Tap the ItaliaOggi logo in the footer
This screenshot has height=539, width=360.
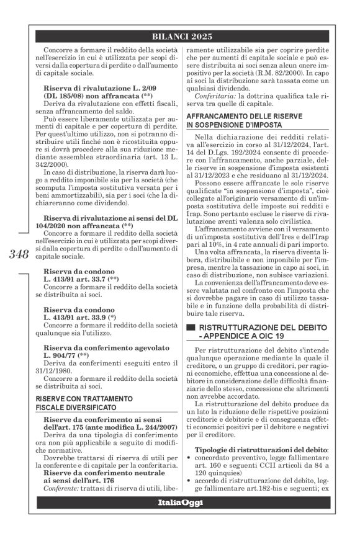tap(180, 520)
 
